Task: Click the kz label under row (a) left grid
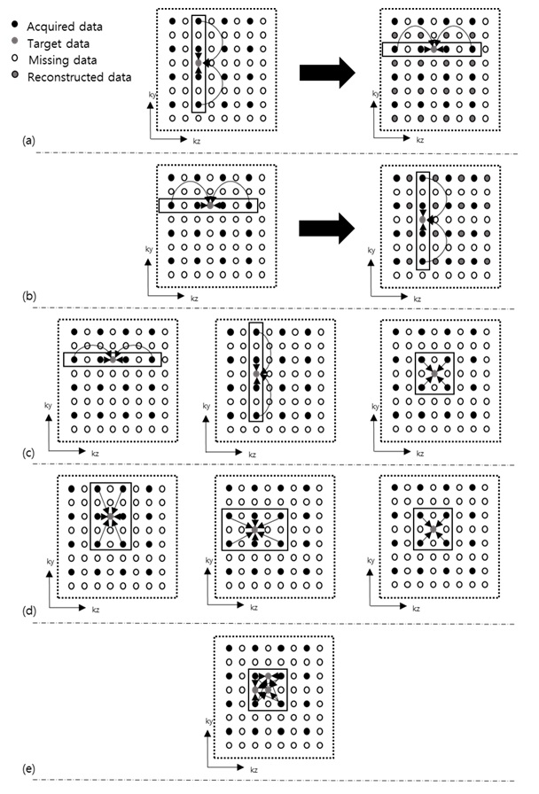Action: pos(195,140)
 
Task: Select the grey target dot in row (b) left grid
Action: pos(209,205)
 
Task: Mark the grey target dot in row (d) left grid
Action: pos(110,514)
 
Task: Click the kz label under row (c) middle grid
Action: pos(252,455)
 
